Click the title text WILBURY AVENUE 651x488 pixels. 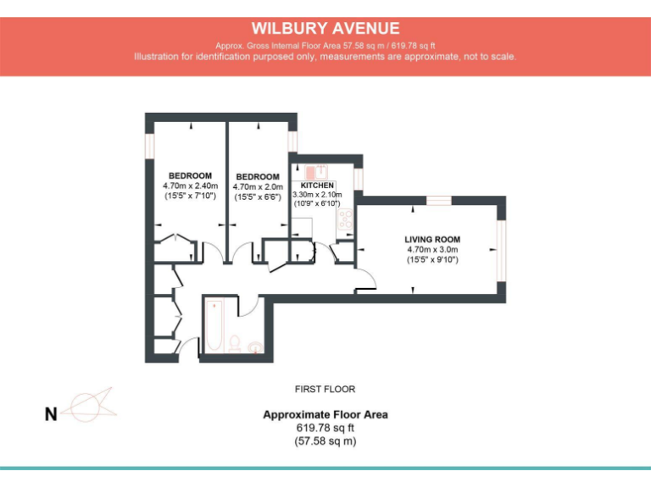coord(325,29)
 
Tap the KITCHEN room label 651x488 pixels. coord(317,185)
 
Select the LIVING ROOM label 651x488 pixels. coord(431,240)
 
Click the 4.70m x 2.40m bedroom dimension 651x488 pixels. coord(190,186)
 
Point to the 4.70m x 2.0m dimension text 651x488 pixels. coord(257,187)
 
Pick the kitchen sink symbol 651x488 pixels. coord(310,170)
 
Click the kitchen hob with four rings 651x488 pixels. coord(346,219)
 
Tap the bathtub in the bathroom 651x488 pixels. coord(213,327)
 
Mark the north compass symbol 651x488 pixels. coord(90,405)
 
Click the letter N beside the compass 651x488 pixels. coord(51,414)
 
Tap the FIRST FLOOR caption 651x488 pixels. coord(325,390)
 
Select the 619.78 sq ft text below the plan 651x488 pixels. coord(325,428)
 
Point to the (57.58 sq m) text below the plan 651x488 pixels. coord(325,441)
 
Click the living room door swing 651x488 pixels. coord(365,280)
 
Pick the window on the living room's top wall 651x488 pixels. coord(438,201)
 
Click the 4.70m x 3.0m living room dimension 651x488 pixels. coord(431,250)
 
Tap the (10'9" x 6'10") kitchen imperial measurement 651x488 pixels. coord(317,204)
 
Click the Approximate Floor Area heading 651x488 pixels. coord(325,414)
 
